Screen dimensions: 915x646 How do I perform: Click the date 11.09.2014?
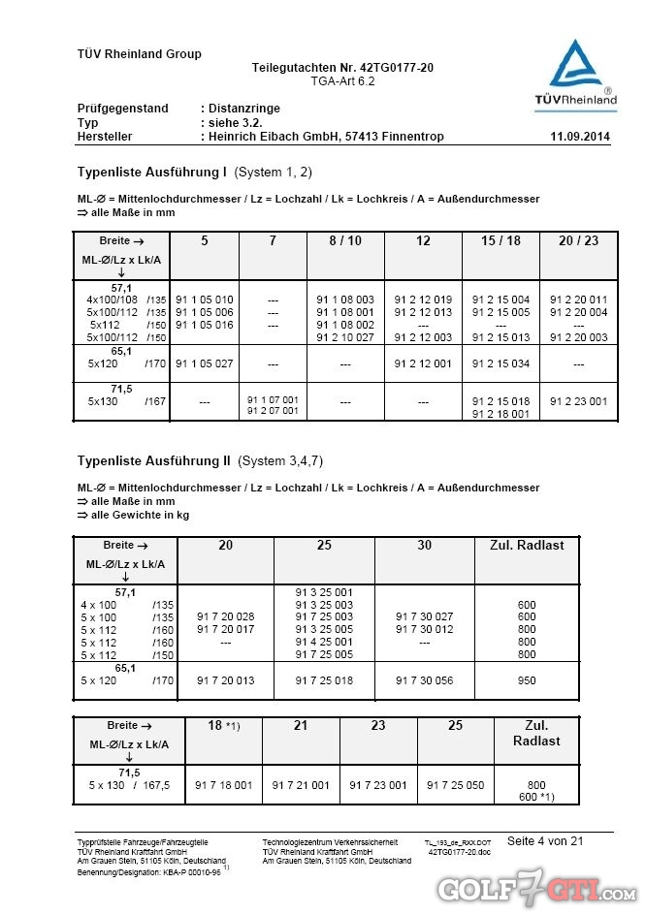pos(580,137)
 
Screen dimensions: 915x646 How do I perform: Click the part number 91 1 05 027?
pos(205,364)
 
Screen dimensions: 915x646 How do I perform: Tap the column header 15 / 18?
pos(501,240)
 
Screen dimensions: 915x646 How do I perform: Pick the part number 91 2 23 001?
pos(578,400)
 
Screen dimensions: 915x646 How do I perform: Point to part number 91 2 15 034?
pos(501,364)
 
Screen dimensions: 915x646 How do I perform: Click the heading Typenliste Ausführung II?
pos(153,459)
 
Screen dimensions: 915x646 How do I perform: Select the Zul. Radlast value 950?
pos(527,680)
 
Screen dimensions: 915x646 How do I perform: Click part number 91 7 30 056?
pos(425,680)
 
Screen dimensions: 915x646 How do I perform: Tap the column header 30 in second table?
pos(425,546)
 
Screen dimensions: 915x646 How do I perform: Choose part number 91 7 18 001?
pos(224,785)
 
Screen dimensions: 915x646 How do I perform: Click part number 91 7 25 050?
pos(456,785)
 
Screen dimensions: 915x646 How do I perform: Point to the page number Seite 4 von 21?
pos(545,841)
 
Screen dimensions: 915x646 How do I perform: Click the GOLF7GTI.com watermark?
pos(535,888)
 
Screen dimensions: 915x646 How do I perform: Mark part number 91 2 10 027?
pos(345,337)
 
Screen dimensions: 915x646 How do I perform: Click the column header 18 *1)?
pos(223,725)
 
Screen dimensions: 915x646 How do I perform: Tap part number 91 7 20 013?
pos(225,680)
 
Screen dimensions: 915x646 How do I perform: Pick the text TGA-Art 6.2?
pos(342,81)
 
